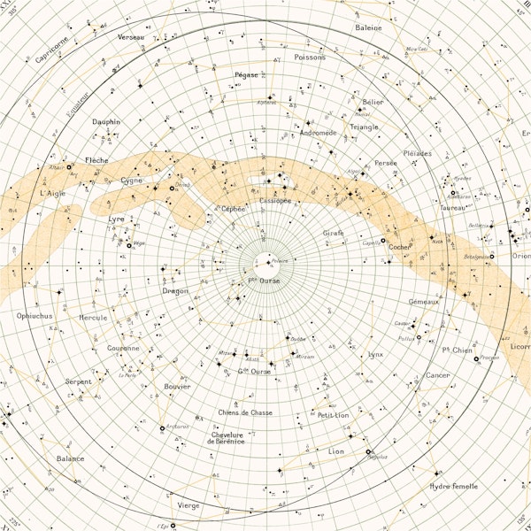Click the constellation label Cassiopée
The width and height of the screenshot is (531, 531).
(x=274, y=201)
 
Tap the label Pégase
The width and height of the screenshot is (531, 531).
(x=247, y=75)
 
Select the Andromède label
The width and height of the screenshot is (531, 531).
(x=318, y=133)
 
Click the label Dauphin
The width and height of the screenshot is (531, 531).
(x=105, y=122)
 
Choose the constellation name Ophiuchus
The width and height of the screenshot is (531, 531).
(x=35, y=315)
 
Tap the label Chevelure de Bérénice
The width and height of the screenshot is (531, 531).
(x=226, y=437)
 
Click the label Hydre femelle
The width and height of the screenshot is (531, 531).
(x=453, y=486)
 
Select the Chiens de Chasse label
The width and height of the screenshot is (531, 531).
(x=245, y=412)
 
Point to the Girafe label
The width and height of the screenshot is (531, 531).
(x=333, y=233)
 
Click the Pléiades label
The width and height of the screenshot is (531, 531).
(x=417, y=153)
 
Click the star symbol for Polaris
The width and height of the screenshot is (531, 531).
(x=267, y=262)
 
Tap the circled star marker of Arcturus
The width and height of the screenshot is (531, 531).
(x=162, y=429)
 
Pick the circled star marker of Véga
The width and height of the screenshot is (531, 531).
(x=129, y=245)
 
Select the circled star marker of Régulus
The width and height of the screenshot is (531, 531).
(x=368, y=452)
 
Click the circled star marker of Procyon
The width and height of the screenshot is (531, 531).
(x=476, y=358)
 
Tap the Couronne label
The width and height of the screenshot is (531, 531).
(x=124, y=348)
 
